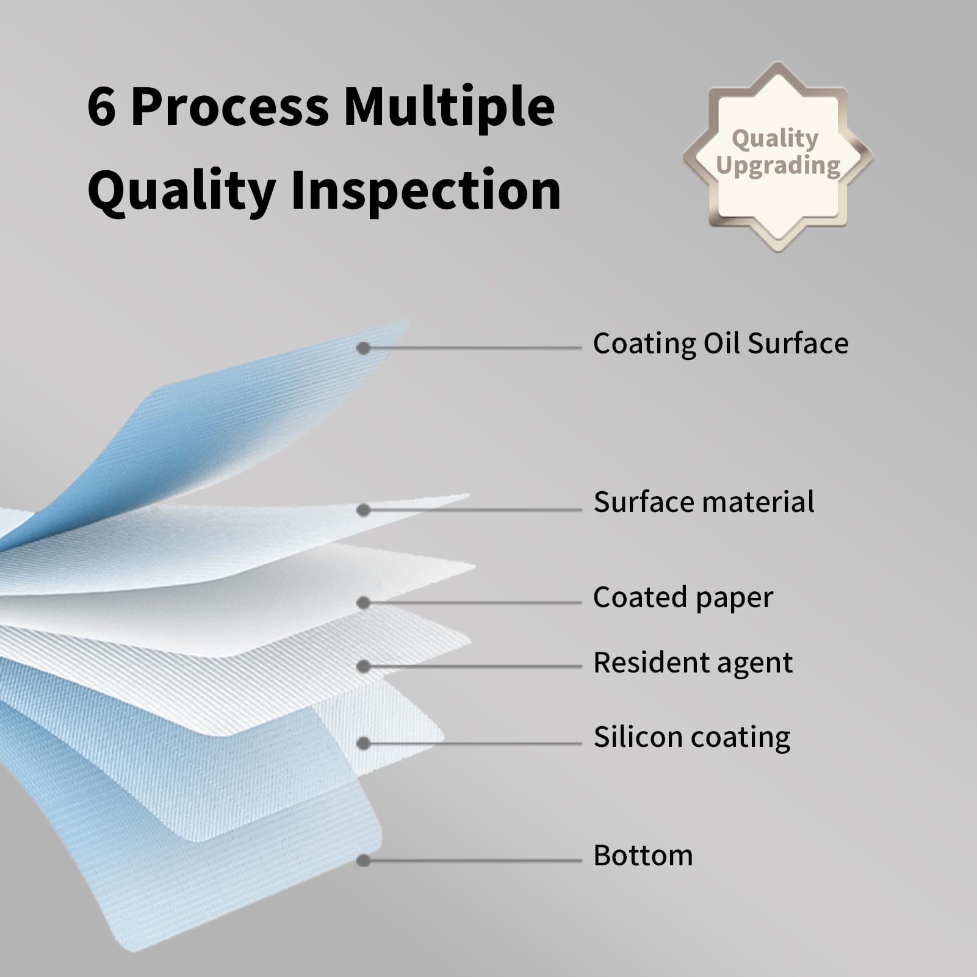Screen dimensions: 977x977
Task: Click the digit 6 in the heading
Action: pyautogui.click(x=101, y=107)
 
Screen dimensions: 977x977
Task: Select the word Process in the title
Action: pyautogui.click(x=230, y=107)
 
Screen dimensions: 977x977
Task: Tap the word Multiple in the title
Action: pyautogui.click(x=449, y=107)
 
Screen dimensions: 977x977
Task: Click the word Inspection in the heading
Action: pyautogui.click(x=425, y=190)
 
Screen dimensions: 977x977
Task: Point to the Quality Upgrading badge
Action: pyautogui.click(x=777, y=157)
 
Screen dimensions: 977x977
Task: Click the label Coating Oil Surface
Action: pyautogui.click(x=721, y=343)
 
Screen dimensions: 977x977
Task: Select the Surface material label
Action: pyautogui.click(x=704, y=502)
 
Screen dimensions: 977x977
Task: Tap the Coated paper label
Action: pyautogui.click(x=683, y=597)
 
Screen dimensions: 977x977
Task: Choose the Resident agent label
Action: pyautogui.click(x=693, y=663)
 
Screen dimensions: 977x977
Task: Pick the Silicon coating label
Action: pyautogui.click(x=692, y=737)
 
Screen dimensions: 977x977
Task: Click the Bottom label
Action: pyautogui.click(x=643, y=855)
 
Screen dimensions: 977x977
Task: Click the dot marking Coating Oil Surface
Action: pyautogui.click(x=364, y=348)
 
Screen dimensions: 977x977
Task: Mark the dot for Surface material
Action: pyautogui.click(x=364, y=510)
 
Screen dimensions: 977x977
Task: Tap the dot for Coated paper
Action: pyautogui.click(x=364, y=603)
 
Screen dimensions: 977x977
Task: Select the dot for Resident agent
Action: pyautogui.click(x=364, y=666)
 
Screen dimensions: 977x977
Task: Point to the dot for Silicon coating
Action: pyautogui.click(x=364, y=743)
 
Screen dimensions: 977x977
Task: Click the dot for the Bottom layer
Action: pyautogui.click(x=364, y=860)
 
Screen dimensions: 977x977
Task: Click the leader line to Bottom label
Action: pyautogui.click(x=473, y=860)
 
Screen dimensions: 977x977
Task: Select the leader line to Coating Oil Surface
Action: pyautogui.click(x=473, y=348)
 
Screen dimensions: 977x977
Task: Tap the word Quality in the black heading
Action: pyautogui.click(x=182, y=191)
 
